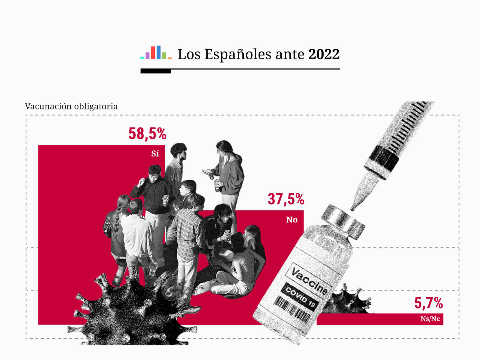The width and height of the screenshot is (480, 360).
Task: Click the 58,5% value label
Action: tap(147, 134)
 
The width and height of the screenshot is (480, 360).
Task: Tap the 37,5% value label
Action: tap(286, 199)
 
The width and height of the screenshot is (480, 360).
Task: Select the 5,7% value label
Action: tap(429, 303)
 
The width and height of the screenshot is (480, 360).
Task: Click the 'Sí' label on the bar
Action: tap(155, 154)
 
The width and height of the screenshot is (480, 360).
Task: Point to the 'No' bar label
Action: tap(292, 220)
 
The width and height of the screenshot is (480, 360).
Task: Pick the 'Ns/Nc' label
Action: tap(430, 319)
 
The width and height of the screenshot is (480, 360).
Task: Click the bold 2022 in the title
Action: tap(324, 54)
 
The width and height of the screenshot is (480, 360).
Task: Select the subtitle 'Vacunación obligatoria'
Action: tap(71, 107)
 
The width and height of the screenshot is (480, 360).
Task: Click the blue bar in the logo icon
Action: tap(159, 52)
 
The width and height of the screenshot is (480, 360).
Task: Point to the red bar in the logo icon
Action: tap(153, 53)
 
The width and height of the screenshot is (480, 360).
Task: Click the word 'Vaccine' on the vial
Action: tap(309, 280)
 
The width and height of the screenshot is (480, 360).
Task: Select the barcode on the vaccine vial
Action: tap(292, 309)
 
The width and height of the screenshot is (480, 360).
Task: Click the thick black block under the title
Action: tap(156, 71)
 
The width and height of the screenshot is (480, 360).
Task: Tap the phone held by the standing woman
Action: tap(206, 172)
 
